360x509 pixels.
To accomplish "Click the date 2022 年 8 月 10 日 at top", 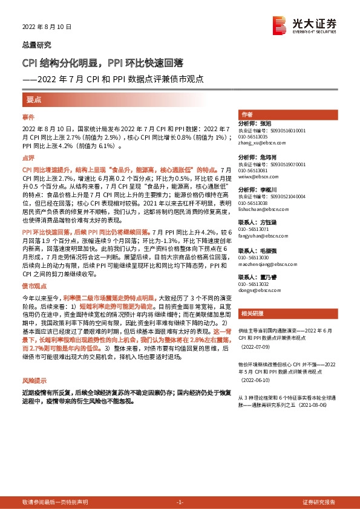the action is tap(47, 27).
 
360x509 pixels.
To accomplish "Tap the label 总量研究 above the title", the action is tap(37, 45).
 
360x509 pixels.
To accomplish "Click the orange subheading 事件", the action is tap(28, 117).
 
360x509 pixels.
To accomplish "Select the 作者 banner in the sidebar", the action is tap(247, 114).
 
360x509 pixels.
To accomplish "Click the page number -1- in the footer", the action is tap(180, 502).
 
